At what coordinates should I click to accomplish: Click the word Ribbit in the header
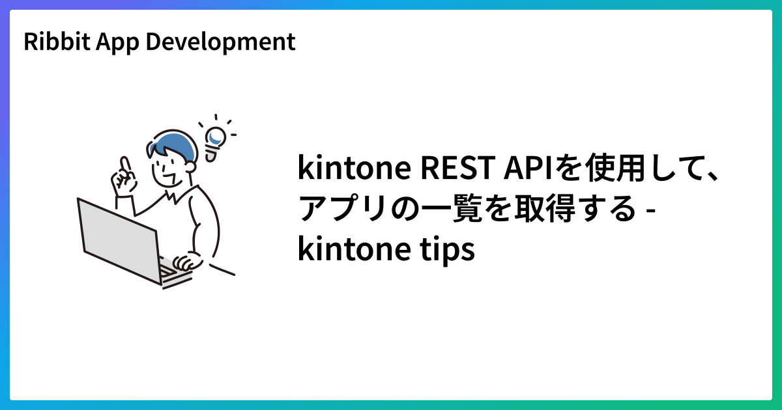57,41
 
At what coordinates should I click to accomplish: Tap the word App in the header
117,42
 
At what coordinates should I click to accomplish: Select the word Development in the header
220,42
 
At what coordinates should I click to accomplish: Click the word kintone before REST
355,167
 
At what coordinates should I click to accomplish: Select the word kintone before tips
355,248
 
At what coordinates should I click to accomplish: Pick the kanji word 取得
545,208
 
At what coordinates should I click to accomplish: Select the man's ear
190,167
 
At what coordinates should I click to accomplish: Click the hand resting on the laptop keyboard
188,261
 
